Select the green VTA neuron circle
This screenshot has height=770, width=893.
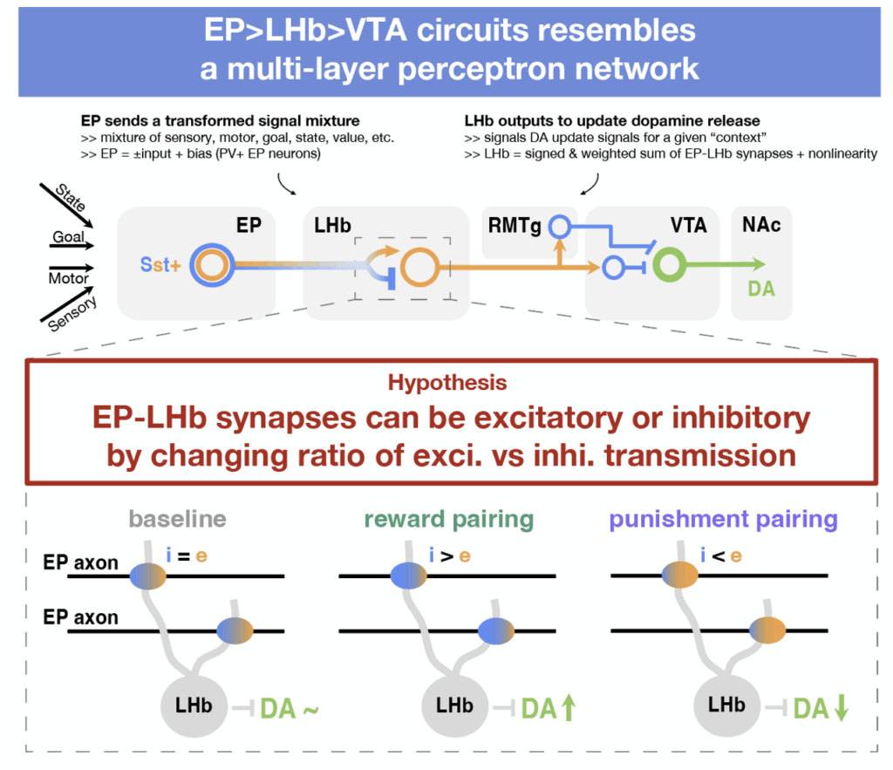click(670, 263)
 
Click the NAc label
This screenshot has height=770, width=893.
click(761, 226)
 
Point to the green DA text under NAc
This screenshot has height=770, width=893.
click(761, 288)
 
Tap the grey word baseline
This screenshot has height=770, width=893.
click(177, 520)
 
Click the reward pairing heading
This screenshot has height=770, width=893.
click(448, 520)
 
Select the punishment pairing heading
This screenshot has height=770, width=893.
click(723, 520)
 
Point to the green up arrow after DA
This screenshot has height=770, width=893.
click(569, 708)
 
